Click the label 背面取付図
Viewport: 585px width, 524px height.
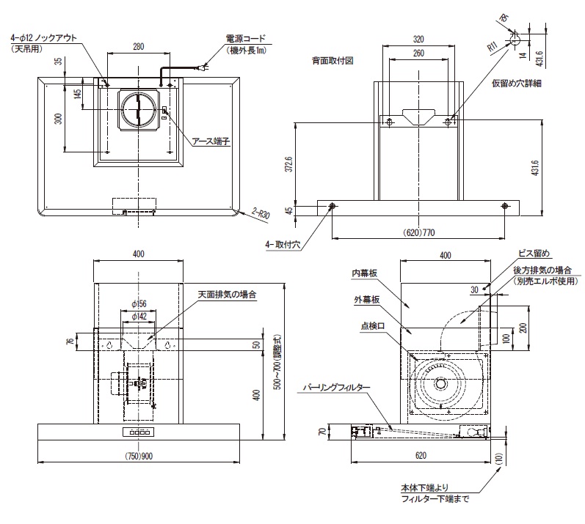coord(333,61)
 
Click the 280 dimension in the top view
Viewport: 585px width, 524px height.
coord(138,47)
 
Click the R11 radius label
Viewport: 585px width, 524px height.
coord(493,47)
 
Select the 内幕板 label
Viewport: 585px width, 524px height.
coord(364,273)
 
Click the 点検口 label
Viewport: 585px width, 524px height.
coord(370,327)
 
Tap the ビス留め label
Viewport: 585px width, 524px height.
coord(531,254)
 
